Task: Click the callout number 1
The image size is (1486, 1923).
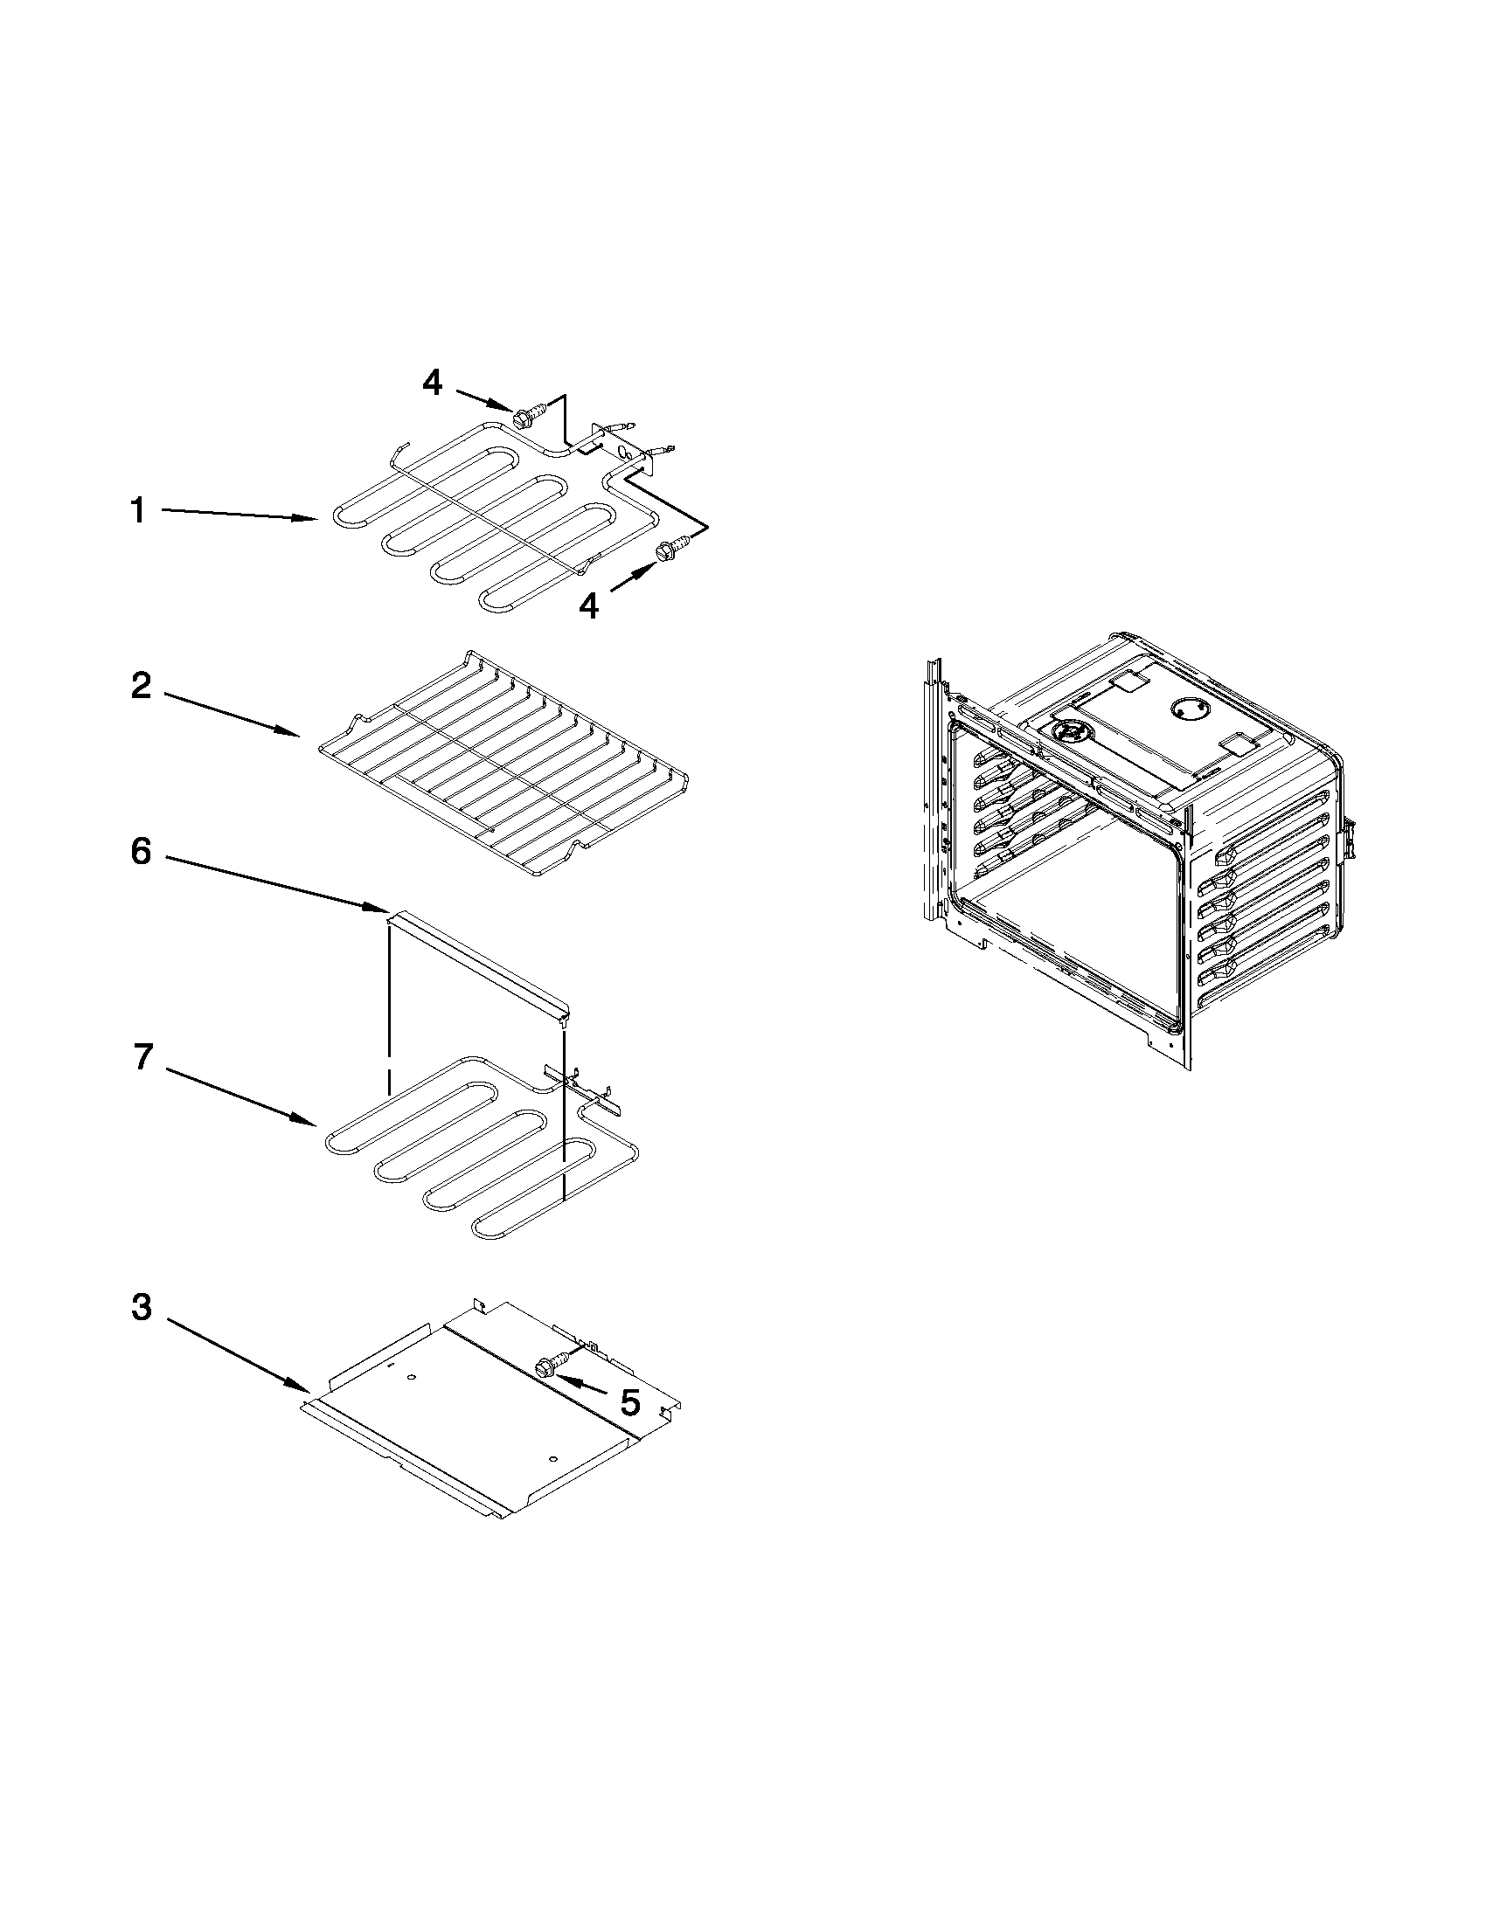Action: [137, 510]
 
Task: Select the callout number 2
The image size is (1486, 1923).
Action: [141, 686]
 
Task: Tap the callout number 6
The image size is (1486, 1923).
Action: [141, 852]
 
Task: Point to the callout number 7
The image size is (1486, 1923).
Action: [142, 1056]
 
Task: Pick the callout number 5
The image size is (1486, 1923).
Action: [629, 1403]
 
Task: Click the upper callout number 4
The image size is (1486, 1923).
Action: [432, 382]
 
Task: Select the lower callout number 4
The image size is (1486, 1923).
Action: [588, 605]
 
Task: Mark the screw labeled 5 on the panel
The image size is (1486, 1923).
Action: [547, 1366]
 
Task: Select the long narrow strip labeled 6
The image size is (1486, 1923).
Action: [480, 964]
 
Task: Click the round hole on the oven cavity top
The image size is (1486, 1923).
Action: [1184, 709]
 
